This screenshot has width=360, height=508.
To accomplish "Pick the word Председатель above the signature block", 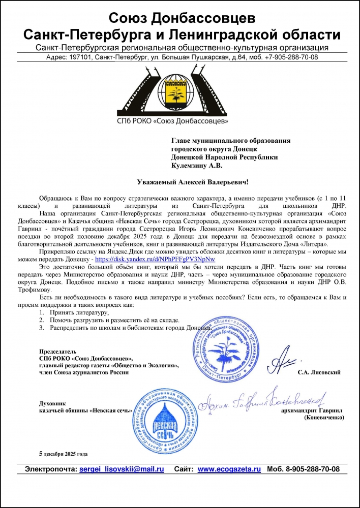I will coord(57,351).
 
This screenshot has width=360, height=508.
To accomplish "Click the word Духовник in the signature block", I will coord(51,402).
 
